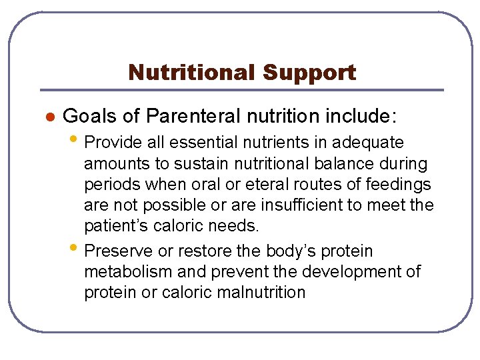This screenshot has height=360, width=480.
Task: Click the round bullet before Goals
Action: tap(48, 117)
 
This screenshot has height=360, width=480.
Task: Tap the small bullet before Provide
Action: tap(77, 141)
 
